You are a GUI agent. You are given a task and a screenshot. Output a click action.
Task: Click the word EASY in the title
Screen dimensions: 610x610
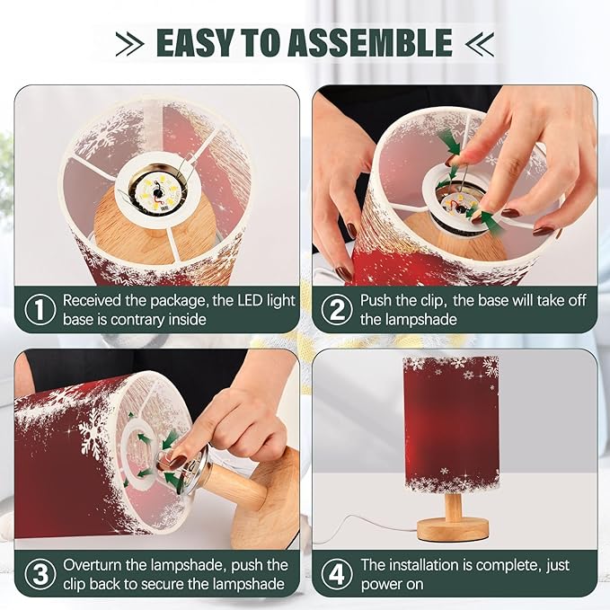(194, 42)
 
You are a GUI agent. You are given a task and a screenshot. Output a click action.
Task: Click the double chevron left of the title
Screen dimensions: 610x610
(129, 43)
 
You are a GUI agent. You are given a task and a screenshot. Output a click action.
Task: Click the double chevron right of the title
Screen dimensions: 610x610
(480, 43)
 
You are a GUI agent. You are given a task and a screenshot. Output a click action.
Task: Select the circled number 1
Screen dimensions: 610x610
(40, 309)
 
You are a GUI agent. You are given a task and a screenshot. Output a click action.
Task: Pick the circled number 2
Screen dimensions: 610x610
(337, 309)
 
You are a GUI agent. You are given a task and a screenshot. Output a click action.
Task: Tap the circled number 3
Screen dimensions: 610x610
(40, 574)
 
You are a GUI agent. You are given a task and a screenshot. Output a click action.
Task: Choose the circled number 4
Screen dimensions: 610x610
(337, 574)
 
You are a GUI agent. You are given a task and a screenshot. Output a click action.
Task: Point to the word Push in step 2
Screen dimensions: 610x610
(376, 301)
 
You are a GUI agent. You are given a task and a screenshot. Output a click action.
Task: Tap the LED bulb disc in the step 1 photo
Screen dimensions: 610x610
(157, 191)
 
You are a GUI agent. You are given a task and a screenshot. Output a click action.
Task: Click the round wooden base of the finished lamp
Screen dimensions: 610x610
(453, 528)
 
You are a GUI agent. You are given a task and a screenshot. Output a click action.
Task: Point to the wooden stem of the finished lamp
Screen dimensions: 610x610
(454, 505)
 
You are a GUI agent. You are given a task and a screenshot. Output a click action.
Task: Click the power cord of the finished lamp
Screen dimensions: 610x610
(366, 528)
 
